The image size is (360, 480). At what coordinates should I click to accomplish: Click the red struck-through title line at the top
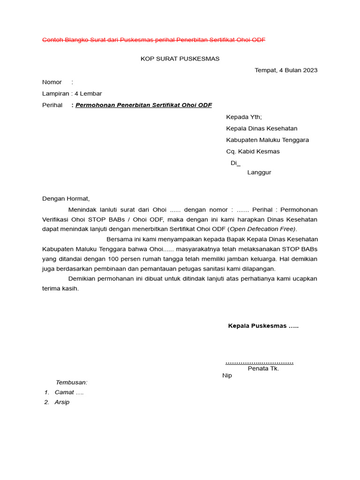(154, 40)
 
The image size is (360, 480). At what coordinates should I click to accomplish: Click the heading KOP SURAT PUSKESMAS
(180, 59)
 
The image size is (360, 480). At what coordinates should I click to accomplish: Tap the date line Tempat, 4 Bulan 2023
(286, 70)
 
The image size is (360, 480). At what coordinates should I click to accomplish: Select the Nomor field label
(52, 82)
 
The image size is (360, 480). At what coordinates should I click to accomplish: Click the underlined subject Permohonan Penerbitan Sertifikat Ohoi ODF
(143, 105)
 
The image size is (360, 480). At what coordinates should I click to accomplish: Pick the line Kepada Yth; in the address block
(244, 117)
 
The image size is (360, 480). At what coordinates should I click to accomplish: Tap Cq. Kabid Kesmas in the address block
(253, 151)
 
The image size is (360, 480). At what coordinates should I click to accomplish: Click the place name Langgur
(259, 172)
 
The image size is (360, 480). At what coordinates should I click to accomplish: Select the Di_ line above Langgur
(235, 163)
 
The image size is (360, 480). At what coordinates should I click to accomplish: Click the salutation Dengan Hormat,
(66, 199)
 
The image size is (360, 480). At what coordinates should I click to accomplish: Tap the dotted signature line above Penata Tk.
(259, 362)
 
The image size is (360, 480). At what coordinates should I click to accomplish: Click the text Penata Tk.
(263, 368)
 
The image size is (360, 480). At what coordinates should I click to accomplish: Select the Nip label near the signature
(227, 375)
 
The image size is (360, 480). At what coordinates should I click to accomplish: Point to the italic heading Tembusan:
(72, 382)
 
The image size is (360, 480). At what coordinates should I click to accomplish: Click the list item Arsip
(62, 402)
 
